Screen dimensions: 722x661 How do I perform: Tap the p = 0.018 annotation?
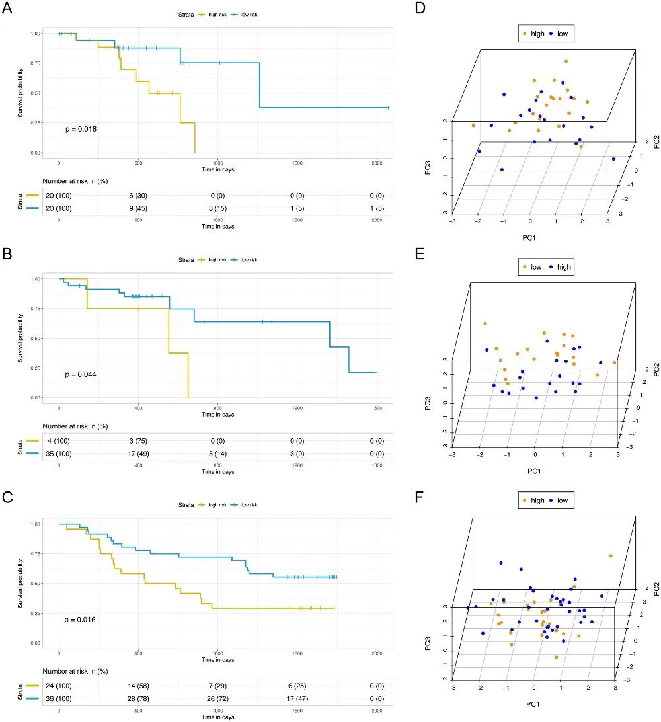pos(81,129)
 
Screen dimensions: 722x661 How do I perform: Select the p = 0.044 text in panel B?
pos(81,374)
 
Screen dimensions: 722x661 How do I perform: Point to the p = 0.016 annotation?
pos(81,620)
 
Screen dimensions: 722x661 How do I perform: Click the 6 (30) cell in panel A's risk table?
pos(138,197)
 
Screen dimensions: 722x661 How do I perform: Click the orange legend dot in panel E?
pos(525,268)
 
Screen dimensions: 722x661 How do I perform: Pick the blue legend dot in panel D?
pos(551,33)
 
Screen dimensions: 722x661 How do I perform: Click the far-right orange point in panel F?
pos(610,556)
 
